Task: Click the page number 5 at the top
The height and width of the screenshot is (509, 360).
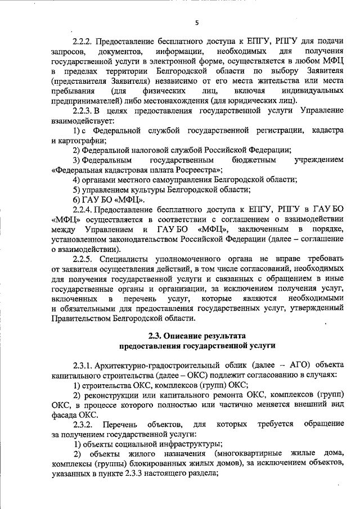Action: pos(197,22)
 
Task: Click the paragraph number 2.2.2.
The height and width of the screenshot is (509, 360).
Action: pos(83,42)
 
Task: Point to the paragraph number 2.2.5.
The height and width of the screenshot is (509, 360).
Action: pos(83,259)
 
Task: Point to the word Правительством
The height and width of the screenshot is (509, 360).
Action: pos(80,319)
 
